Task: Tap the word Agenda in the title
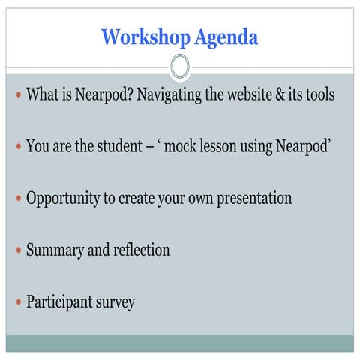(225, 36)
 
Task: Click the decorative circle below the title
(180, 67)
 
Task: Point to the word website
(235, 95)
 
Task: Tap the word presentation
(253, 199)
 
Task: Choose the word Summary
(55, 250)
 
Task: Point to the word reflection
(141, 250)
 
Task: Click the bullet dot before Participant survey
(18, 303)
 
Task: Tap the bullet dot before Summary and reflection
(18, 250)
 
